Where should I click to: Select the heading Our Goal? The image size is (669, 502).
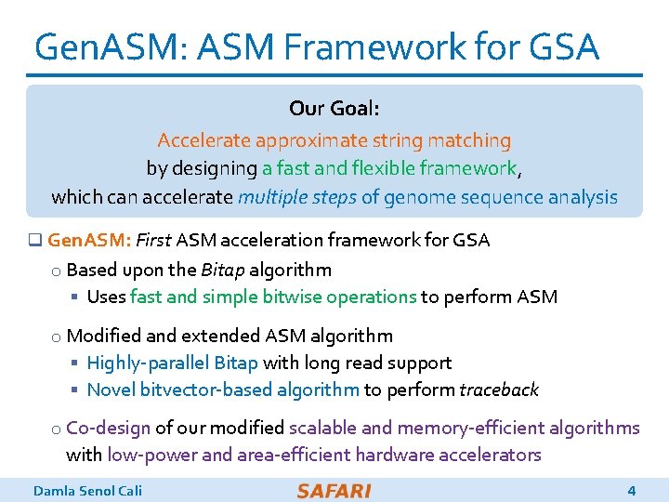point(334,109)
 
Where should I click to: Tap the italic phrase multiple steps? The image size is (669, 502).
point(297,197)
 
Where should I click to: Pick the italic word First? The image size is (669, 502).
point(153,241)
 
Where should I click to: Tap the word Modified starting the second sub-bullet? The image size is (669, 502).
point(102,336)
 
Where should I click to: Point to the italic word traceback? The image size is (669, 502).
point(499,390)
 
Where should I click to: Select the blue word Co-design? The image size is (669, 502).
point(108,428)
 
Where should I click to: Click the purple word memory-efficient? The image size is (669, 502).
point(468,428)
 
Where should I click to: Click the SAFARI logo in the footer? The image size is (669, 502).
point(334,491)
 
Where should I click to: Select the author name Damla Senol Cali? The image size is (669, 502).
point(87,491)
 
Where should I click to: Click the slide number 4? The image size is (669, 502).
point(632,491)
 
